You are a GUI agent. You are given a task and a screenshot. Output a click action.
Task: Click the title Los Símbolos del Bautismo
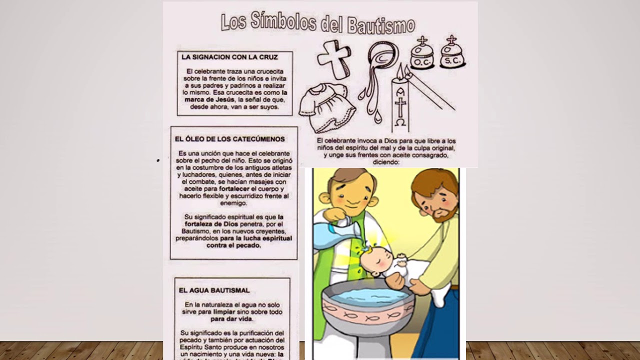pos(318,23)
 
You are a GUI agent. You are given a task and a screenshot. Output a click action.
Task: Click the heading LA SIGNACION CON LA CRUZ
pos(229,57)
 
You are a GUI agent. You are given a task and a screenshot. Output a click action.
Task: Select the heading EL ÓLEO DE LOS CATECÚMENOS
pos(229,139)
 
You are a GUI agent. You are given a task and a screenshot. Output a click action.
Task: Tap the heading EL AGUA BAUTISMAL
pos(214,290)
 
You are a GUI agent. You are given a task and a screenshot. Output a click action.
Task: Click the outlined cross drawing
pos(333,59)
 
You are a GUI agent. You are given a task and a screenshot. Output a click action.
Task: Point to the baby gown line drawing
pos(326,106)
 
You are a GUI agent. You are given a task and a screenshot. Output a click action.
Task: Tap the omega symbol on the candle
pos(400,122)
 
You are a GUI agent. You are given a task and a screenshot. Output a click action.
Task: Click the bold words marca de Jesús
pos(202,99)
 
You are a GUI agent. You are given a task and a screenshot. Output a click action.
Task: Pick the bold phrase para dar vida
pos(231,318)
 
